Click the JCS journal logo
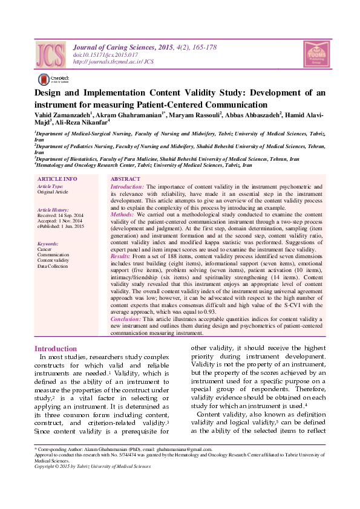[x=50, y=54]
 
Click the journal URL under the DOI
[x=113, y=62]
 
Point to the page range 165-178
[x=200, y=48]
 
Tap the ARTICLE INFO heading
[x=57, y=180]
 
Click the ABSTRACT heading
[x=125, y=180]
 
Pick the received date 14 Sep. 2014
[x=70, y=215]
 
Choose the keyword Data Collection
[x=53, y=265]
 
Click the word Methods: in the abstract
[x=123, y=214]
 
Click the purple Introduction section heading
[x=56, y=349]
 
